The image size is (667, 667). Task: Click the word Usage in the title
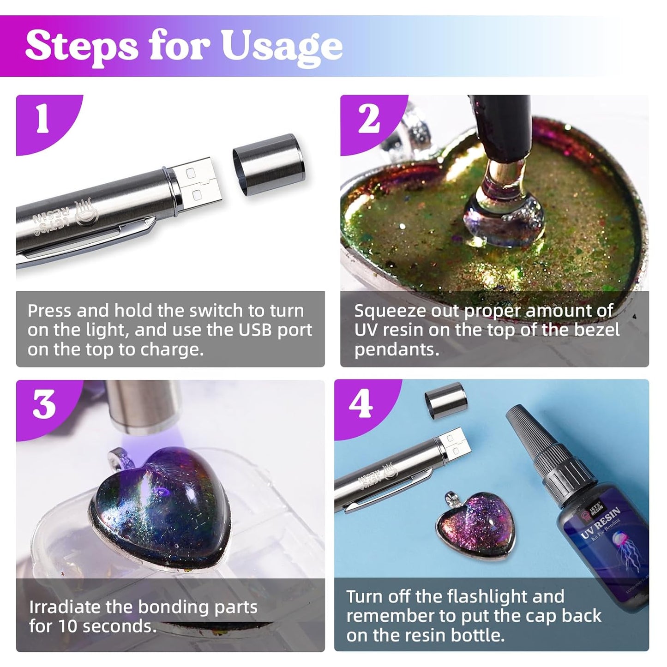(x=282, y=47)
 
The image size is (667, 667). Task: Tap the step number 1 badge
(x=42, y=120)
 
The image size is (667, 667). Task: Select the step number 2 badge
(x=369, y=120)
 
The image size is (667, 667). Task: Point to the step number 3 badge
(x=44, y=404)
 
